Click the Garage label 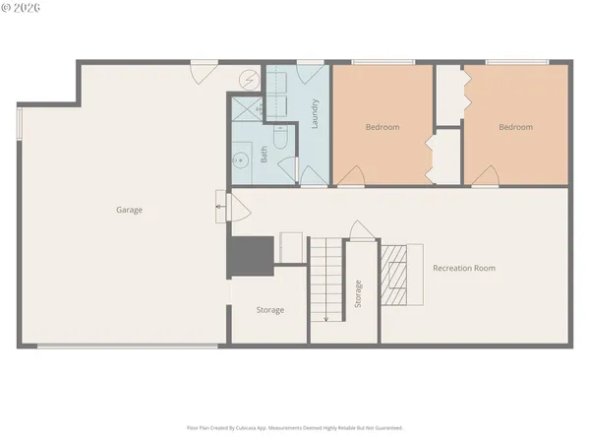(130, 210)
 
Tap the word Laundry (315, 115)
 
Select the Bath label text (264, 154)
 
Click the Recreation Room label (464, 268)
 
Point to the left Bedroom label (383, 127)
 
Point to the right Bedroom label (515, 127)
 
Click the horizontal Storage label (270, 310)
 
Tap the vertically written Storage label (358, 294)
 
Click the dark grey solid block (250, 256)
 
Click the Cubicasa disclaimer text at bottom (295, 428)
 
